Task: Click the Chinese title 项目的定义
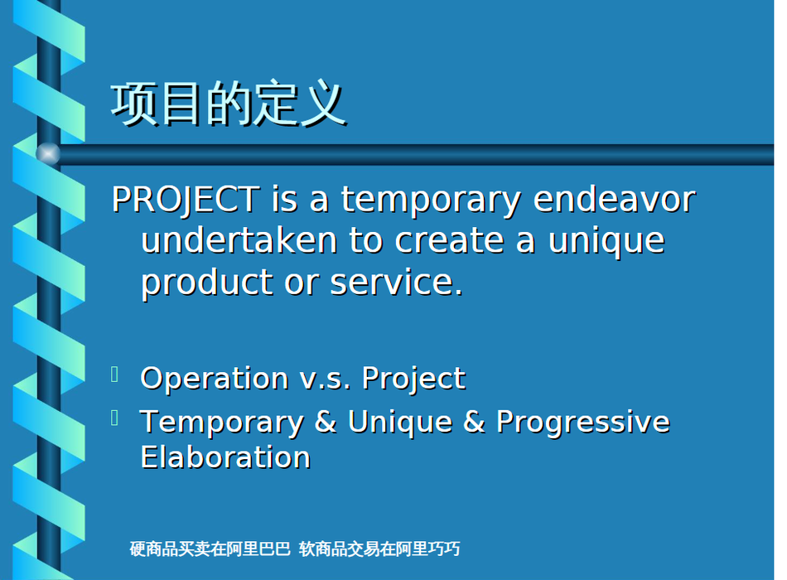click(229, 104)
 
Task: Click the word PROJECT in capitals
click(186, 200)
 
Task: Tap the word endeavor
click(615, 199)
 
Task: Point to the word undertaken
click(239, 240)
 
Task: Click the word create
click(449, 240)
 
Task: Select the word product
click(207, 283)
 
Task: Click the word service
click(396, 282)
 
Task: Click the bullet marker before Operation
click(114, 375)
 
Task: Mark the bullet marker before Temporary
click(114, 418)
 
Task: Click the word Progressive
click(582, 423)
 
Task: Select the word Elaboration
click(225, 457)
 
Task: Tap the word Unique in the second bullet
click(400, 423)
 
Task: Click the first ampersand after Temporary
click(326, 421)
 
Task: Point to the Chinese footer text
click(295, 549)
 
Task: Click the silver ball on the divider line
click(48, 153)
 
